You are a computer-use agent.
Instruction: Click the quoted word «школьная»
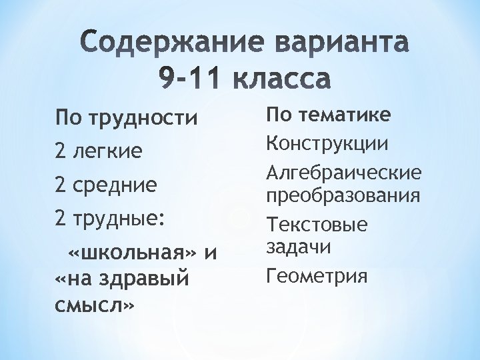pos(133,254)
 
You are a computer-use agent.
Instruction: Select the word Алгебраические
pos(343,174)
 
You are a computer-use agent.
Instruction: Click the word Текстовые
pos(317,225)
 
